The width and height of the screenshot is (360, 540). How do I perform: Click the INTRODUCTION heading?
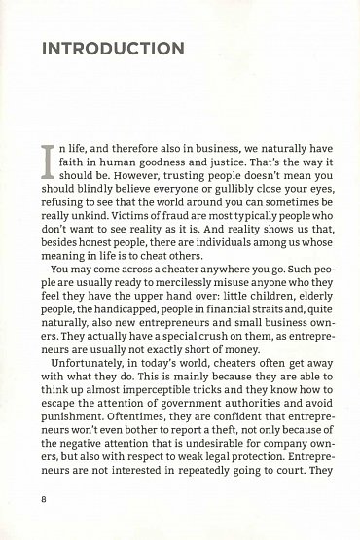coord(113,48)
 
